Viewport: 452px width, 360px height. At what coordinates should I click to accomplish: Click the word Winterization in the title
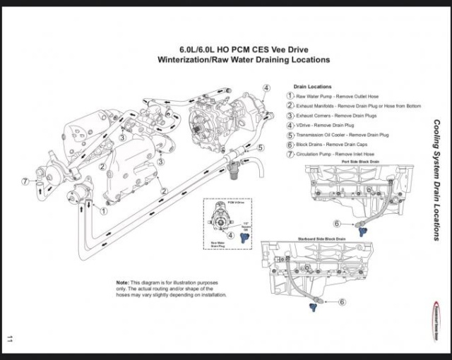(x=186, y=60)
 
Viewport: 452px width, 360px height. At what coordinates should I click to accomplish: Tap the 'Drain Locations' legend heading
(x=312, y=87)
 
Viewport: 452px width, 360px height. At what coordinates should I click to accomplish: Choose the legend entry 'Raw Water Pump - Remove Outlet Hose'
(x=332, y=95)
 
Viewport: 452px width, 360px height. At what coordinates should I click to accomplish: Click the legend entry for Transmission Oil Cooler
(x=342, y=134)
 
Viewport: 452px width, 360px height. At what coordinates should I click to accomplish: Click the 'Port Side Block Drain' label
(x=359, y=161)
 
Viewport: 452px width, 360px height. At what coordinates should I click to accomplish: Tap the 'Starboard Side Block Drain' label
(x=321, y=239)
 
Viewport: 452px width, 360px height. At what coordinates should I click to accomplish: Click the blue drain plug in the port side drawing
(x=362, y=229)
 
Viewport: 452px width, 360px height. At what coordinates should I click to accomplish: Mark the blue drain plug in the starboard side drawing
(x=314, y=307)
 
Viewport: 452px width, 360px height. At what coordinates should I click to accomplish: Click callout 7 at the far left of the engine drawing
(x=25, y=181)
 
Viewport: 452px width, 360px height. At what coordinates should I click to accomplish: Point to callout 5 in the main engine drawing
(x=260, y=148)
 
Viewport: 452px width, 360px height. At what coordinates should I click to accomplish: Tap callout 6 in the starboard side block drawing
(x=342, y=301)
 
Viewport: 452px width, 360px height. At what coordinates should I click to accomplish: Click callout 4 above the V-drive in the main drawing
(x=266, y=88)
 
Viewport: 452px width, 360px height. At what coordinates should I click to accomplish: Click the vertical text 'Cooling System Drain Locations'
(x=436, y=180)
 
